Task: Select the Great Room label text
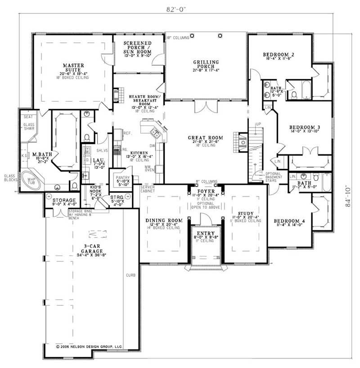[206, 138]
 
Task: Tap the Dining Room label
[163, 220]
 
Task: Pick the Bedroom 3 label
[304, 128]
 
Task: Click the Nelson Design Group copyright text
[89, 347]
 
